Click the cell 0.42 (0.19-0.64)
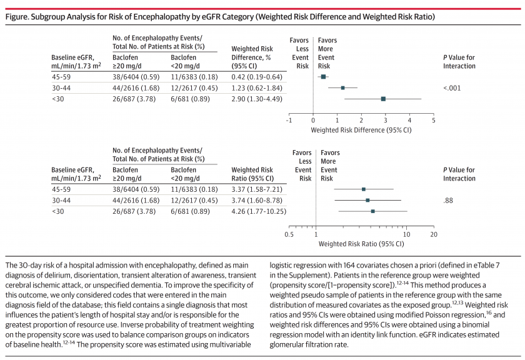[x=257, y=77]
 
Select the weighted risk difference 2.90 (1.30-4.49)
[x=257, y=99]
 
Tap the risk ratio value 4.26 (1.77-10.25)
[x=259, y=212]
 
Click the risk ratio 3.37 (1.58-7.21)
[x=257, y=189]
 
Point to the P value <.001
[x=452, y=88]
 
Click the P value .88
[x=448, y=201]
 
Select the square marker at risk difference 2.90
[x=383, y=99]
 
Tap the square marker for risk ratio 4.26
[x=373, y=211]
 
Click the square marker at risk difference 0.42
[x=324, y=77]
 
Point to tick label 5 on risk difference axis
[x=434, y=120]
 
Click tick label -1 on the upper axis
[x=289, y=120]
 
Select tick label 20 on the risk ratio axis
[x=434, y=234]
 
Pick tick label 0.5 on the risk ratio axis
[x=289, y=234]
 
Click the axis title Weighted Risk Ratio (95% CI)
[x=361, y=244]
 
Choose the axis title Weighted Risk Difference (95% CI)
[x=361, y=130]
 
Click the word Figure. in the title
[x=17, y=17]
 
